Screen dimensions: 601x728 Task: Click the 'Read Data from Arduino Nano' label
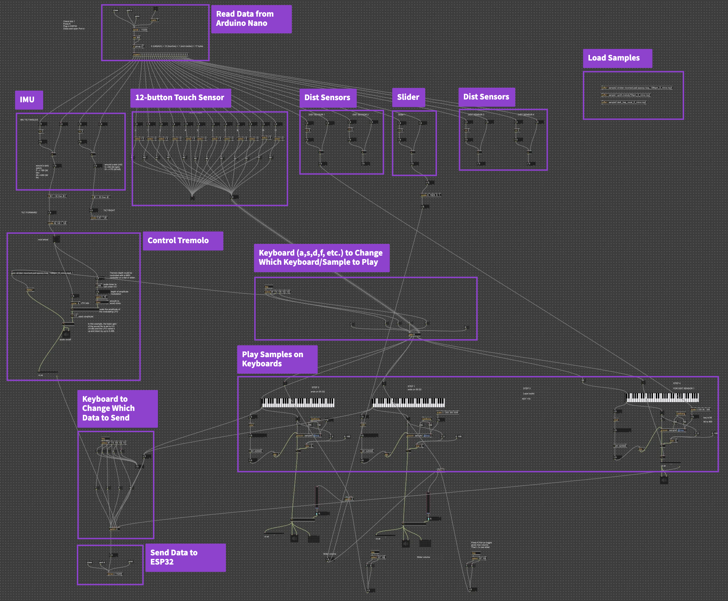251,19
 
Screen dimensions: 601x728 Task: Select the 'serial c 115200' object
140,30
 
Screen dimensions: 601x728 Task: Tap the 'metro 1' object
154,20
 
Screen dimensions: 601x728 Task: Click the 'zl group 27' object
138,46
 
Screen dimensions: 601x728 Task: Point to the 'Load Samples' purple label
617,58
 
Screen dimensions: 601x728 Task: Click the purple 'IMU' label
29,100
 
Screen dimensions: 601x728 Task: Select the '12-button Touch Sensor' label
180,98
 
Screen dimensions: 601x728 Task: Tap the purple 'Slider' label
408,97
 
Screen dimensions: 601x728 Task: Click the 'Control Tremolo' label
182,241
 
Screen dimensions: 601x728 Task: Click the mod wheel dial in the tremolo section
56,240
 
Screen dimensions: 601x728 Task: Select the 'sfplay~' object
30,290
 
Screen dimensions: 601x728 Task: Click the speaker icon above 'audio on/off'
66,334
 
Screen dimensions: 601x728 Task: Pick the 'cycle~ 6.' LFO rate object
75,303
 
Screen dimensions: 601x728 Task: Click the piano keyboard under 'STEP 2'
297,402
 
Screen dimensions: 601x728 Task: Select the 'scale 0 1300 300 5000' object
447,412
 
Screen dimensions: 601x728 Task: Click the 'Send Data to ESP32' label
185,557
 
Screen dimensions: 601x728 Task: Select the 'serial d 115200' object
115,574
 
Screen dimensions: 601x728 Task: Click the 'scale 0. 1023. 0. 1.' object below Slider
430,195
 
